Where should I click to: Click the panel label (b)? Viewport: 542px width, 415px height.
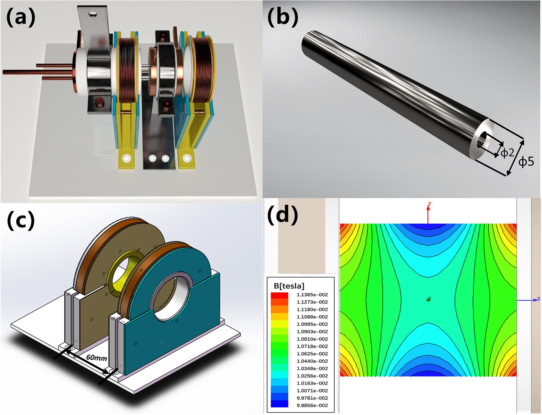point(283,17)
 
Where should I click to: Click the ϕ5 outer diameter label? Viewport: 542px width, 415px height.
point(526,162)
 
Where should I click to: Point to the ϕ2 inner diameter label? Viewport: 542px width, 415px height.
point(507,153)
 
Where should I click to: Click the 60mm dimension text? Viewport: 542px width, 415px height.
point(96,357)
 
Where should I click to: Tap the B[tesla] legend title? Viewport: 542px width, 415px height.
point(289,286)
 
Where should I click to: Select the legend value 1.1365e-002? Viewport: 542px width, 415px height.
point(312,295)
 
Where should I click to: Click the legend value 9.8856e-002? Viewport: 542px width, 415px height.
point(312,405)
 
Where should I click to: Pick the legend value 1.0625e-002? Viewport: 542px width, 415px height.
point(312,354)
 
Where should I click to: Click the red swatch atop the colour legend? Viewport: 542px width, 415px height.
point(279,295)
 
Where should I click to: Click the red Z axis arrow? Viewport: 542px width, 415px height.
point(428,213)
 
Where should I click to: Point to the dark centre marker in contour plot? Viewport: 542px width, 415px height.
point(429,299)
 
